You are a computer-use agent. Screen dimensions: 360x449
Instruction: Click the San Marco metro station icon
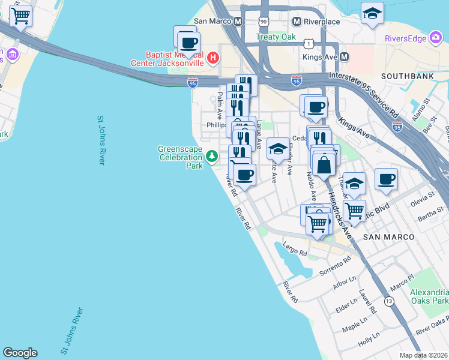tap(238, 22)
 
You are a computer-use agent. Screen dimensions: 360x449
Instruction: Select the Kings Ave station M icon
tap(345, 57)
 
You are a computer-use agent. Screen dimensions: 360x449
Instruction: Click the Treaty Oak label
tap(276, 37)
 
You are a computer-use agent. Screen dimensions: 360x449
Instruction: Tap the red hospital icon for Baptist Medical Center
tap(214, 58)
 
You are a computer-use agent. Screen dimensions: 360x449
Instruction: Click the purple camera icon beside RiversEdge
tap(436, 38)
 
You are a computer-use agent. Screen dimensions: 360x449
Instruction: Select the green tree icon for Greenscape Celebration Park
tap(211, 157)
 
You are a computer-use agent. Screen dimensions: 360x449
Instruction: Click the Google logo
tap(20, 353)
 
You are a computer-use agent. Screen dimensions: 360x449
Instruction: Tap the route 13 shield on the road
tap(390, 301)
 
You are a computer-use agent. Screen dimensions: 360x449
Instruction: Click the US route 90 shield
tap(264, 22)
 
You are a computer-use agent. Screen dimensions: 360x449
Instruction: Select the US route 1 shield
tap(307, 43)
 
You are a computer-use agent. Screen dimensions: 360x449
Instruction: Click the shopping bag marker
tap(324, 163)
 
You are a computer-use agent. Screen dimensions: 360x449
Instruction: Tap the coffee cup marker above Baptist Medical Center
tap(189, 43)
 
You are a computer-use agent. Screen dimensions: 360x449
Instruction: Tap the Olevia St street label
tap(422, 199)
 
